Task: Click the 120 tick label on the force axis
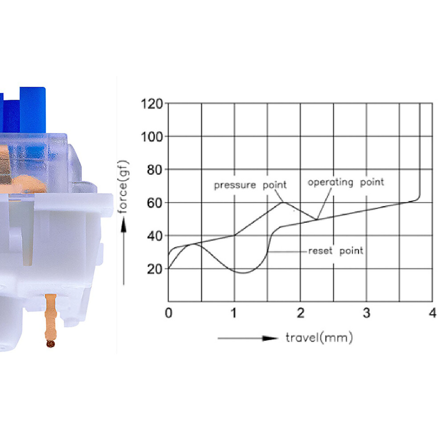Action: [152, 104]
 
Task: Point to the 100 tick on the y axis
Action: [152, 137]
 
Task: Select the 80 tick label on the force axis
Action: [155, 170]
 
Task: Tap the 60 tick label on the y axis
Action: [155, 203]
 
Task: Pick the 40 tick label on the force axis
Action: [155, 236]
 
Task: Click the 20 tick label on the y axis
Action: [155, 269]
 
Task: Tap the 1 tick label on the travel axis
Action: [234, 313]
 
